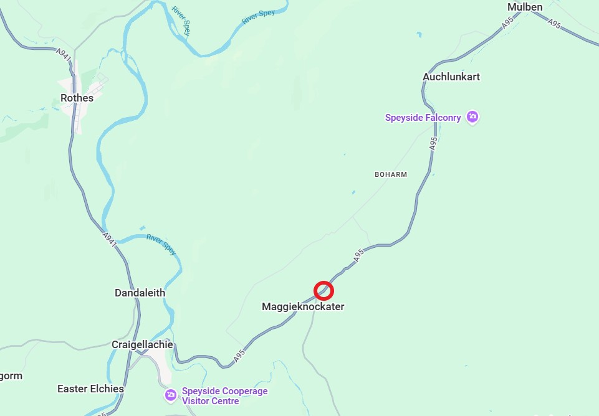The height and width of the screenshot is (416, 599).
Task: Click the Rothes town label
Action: pyautogui.click(x=77, y=98)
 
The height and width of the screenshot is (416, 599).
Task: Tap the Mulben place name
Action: pyautogui.click(x=525, y=7)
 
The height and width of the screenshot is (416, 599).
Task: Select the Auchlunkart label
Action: pyautogui.click(x=451, y=77)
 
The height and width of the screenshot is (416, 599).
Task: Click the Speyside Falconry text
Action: pyautogui.click(x=423, y=118)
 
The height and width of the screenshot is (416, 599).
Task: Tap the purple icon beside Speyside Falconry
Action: pyautogui.click(x=473, y=117)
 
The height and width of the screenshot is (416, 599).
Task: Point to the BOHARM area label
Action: pyautogui.click(x=391, y=174)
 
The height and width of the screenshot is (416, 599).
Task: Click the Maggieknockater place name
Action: pyautogui.click(x=303, y=306)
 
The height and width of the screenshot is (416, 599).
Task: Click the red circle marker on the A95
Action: pyautogui.click(x=323, y=290)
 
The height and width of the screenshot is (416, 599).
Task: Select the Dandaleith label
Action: pyautogui.click(x=140, y=293)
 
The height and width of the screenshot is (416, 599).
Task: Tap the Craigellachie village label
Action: pyautogui.click(x=142, y=344)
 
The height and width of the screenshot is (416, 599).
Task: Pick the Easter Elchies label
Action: pyautogui.click(x=90, y=389)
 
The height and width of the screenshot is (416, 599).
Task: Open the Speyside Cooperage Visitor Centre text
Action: pyautogui.click(x=224, y=396)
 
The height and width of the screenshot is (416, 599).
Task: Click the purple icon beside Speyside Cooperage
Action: pyautogui.click(x=170, y=395)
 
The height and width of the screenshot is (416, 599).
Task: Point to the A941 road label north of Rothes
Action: pyautogui.click(x=64, y=54)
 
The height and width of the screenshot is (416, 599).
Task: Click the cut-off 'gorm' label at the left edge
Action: pyautogui.click(x=11, y=376)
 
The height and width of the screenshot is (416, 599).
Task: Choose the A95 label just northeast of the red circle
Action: pyautogui.click(x=358, y=255)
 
